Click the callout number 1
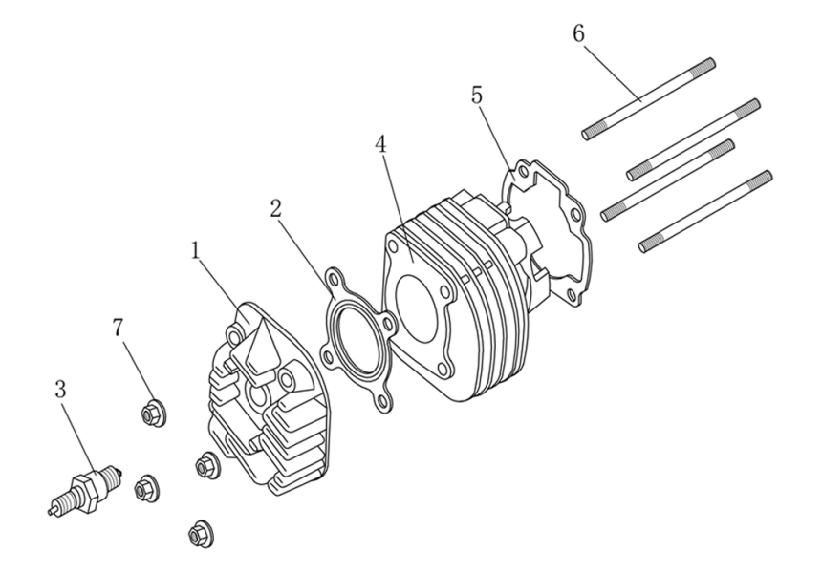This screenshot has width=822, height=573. tap(196, 251)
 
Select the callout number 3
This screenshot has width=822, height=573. tap(60, 391)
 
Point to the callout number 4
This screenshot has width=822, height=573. tap(380, 145)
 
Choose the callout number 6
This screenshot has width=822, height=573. tap(579, 32)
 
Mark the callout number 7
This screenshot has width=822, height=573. tap(118, 328)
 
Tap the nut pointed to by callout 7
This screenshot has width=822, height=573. tap(150, 414)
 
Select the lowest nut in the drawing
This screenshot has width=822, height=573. tap(199, 534)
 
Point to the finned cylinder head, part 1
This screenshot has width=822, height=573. tap(263, 401)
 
